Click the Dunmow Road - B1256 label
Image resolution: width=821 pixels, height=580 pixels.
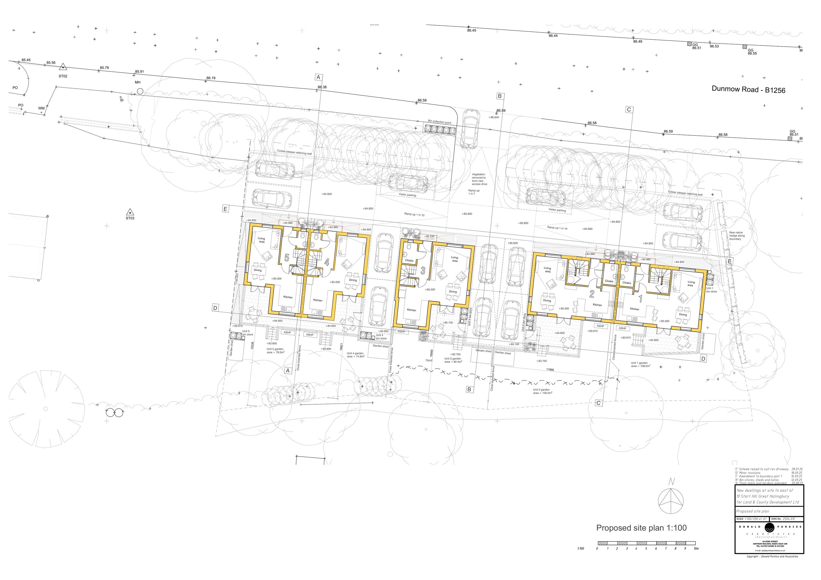click(x=748, y=90)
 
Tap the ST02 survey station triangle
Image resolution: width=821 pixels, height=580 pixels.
click(x=63, y=67)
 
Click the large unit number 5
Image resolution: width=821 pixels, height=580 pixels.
click(x=287, y=258)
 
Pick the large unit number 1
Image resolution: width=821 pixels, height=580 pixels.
click(x=640, y=298)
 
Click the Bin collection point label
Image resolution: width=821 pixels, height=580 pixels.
click(x=440, y=122)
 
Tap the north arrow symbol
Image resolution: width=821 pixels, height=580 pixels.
click(x=671, y=501)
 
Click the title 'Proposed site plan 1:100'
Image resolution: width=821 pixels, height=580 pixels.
click(x=641, y=528)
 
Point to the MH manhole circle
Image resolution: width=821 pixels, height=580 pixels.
click(x=140, y=91)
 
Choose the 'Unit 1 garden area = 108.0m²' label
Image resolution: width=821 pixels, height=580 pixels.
click(x=640, y=364)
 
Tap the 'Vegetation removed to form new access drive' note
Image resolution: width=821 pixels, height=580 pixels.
click(x=479, y=179)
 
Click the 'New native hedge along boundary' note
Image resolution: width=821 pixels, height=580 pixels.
click(x=737, y=236)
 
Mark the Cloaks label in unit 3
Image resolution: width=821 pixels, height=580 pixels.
click(x=409, y=260)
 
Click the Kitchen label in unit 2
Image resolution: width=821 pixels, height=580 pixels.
click(x=597, y=305)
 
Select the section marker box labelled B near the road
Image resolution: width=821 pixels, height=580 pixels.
click(x=499, y=96)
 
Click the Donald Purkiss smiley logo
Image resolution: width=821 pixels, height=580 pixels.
click(x=769, y=527)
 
